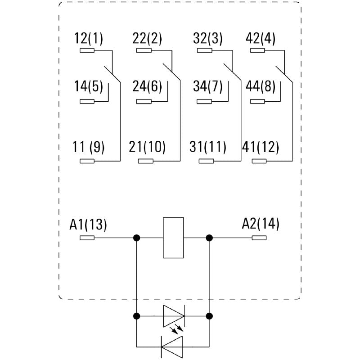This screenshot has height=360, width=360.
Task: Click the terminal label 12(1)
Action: point(89,39)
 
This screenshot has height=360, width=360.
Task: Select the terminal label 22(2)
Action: point(147,39)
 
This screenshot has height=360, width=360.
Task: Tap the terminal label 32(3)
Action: point(207,39)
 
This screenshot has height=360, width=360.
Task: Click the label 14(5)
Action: point(89,86)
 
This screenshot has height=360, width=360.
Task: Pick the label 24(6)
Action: point(147,86)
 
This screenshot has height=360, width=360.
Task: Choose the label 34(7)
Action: point(207,86)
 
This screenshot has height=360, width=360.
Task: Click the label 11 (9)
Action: point(89,147)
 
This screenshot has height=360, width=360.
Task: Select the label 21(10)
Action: point(147,147)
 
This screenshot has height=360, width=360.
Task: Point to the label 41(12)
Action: point(261,147)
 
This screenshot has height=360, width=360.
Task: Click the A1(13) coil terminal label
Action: point(88,224)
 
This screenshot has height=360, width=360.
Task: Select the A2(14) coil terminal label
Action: point(261,224)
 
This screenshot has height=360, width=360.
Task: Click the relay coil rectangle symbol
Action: point(173,238)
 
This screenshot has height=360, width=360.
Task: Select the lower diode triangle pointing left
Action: point(172,346)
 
